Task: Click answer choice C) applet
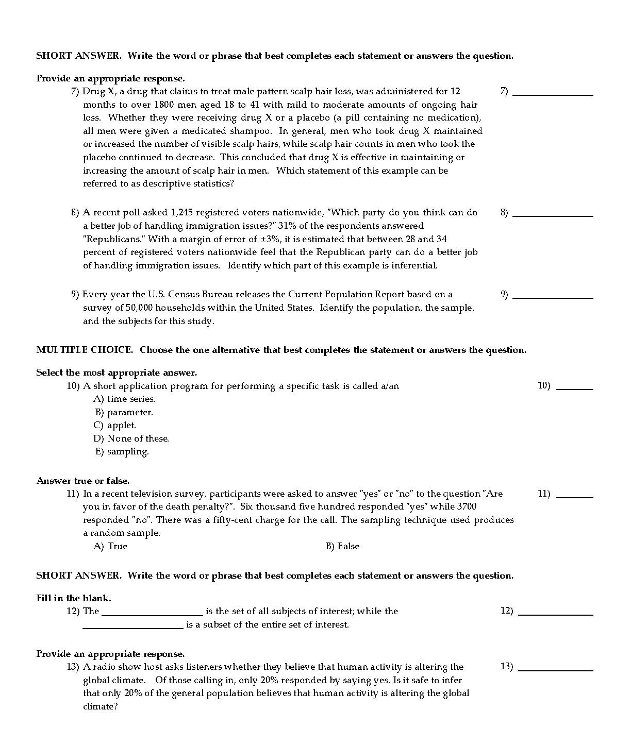tap(115, 426)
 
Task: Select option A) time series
tap(124, 399)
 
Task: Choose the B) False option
tap(342, 546)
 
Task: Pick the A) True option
tap(110, 546)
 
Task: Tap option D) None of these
tap(131, 438)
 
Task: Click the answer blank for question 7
tap(553, 94)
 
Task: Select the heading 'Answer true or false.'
tap(83, 481)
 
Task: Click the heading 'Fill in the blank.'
tap(74, 598)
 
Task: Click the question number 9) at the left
tap(75, 295)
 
